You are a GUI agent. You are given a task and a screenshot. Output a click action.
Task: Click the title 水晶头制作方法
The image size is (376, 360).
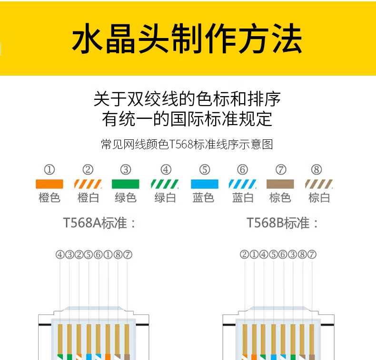[x=187, y=39]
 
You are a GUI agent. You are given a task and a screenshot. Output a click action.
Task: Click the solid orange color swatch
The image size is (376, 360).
[x=49, y=184]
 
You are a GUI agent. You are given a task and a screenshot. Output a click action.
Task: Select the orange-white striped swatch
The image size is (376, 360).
[x=88, y=184]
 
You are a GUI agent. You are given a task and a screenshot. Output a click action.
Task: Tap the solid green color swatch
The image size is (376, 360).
[x=125, y=184]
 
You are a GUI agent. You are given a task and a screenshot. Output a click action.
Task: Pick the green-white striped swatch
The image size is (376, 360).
[x=165, y=184]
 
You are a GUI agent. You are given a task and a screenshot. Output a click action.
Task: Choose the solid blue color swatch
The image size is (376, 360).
[x=204, y=184]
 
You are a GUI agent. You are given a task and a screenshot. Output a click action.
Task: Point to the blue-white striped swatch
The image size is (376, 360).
[x=242, y=184]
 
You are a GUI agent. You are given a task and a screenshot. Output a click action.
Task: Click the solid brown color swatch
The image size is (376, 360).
[x=280, y=184]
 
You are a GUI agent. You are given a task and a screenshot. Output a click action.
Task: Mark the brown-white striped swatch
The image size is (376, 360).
[x=318, y=184]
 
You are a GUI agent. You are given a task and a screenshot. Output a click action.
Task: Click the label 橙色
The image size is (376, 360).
[x=49, y=198]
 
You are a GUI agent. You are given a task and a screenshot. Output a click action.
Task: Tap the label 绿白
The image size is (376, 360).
[x=165, y=198]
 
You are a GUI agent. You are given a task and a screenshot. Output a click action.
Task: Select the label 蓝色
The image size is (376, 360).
[x=204, y=198]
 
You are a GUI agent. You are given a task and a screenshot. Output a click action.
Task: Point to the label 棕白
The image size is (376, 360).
[x=319, y=198]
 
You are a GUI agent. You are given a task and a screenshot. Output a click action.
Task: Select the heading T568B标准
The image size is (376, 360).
[x=283, y=223]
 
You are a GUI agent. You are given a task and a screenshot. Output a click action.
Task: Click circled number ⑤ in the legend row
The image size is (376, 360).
[x=205, y=170]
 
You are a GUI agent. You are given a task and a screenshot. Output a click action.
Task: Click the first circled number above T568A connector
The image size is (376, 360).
[x=60, y=255]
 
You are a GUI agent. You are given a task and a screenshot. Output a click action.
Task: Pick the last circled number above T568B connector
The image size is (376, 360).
[x=312, y=255]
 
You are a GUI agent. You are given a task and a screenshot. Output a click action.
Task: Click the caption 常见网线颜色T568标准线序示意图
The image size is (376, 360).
[x=187, y=145]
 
